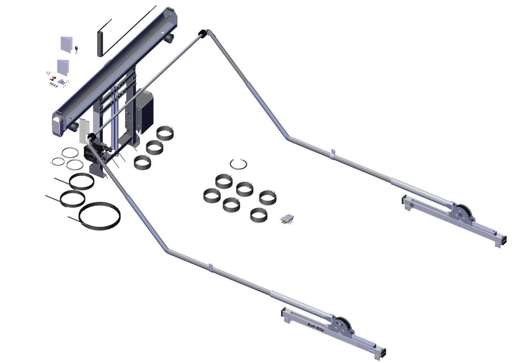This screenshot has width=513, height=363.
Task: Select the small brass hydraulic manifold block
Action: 287,219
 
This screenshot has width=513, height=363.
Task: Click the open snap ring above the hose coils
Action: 238,164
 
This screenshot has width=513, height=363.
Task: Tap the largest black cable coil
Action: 100,216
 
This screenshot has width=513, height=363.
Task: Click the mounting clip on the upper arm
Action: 332,154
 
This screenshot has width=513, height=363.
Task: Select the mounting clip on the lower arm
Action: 210,268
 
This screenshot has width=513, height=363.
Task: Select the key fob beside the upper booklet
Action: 76,49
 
